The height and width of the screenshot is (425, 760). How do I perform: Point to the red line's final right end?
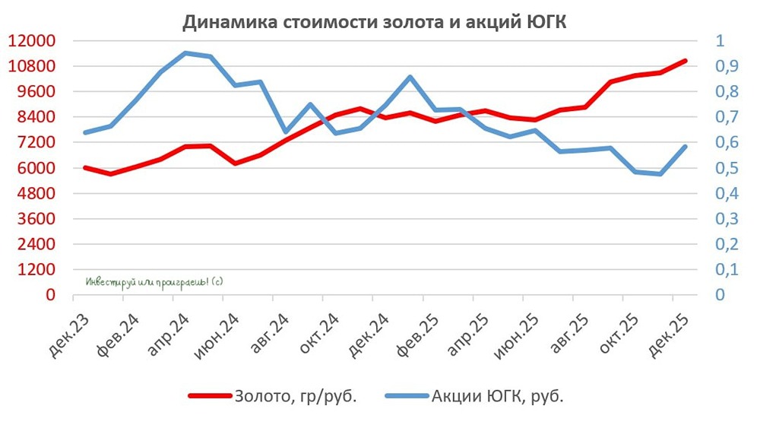click(x=685, y=61)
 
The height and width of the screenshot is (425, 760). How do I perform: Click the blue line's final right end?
click(x=685, y=147)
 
